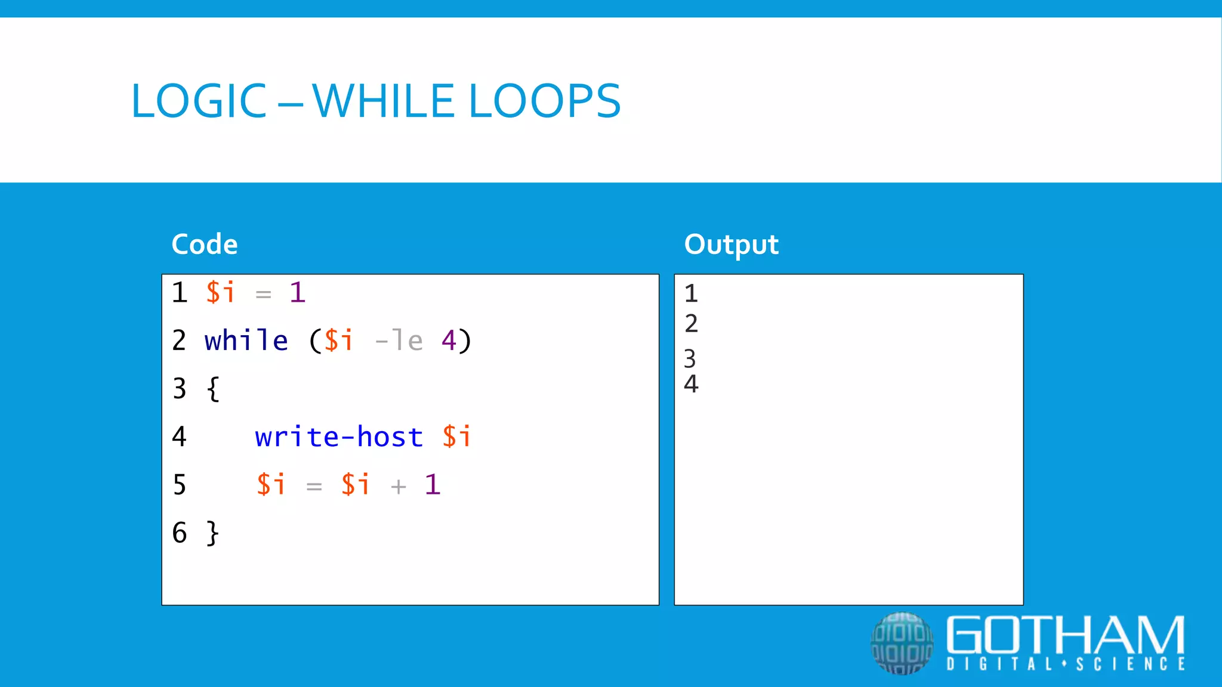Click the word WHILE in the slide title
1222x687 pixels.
point(383,101)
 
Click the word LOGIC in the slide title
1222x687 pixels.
point(199,101)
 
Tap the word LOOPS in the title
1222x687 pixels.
point(545,101)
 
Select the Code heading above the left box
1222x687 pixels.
point(205,245)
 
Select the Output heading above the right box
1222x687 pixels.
point(731,245)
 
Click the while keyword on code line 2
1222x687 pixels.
point(246,341)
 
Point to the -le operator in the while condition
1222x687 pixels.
point(399,341)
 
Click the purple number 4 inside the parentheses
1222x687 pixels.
point(449,341)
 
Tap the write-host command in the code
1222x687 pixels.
point(339,437)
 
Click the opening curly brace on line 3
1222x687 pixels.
point(213,389)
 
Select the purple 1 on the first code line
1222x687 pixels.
point(297,293)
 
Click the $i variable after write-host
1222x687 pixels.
point(456,437)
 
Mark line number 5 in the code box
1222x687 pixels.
point(180,485)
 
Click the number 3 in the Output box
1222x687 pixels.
point(690,359)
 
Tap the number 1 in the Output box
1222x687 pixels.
point(691,293)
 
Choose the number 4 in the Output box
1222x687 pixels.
point(691,384)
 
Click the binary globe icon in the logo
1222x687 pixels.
point(902,643)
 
